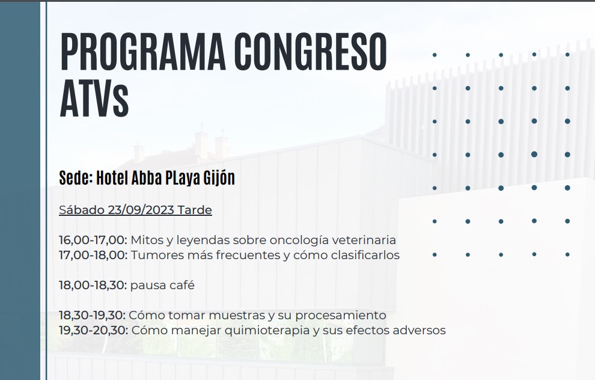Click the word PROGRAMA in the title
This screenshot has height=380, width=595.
[x=143, y=52]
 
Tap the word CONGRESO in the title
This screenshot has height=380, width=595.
[x=311, y=52]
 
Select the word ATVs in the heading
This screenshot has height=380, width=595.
[x=94, y=99]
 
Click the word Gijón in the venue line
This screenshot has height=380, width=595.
[x=219, y=177]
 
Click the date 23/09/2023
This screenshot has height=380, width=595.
[x=141, y=210]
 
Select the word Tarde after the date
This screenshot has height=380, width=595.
[x=195, y=210]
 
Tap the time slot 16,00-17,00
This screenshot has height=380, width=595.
[x=93, y=241]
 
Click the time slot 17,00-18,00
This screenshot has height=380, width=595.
[x=93, y=255]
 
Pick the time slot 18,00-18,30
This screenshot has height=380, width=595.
[x=93, y=285]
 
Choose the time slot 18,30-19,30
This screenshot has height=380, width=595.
[x=92, y=315]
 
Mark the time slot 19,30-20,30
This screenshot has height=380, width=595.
[x=93, y=330]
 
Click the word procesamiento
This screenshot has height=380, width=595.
[x=341, y=316]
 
